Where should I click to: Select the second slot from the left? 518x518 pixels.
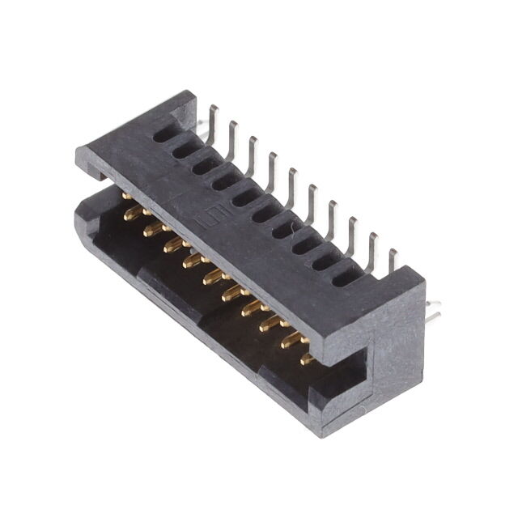click(x=184, y=150)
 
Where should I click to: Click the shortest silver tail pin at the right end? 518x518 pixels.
click(x=393, y=261)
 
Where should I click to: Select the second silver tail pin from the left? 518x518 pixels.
click(x=233, y=134)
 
